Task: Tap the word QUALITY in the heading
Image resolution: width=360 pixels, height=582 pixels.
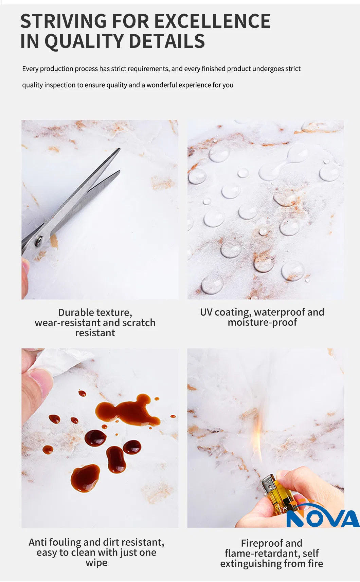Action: [x=84, y=41]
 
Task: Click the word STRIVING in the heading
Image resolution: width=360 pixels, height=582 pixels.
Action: [x=64, y=21]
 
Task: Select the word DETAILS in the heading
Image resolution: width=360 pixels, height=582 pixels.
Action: [x=167, y=41]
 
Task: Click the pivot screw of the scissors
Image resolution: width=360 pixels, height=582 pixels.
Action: [x=39, y=241]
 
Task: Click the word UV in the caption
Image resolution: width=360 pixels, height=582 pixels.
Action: [x=206, y=312]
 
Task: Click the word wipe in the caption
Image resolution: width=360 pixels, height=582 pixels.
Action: [x=96, y=563]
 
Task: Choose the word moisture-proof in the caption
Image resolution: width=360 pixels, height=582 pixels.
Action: [x=262, y=322]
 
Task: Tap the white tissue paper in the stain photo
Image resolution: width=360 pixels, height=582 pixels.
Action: [x=63, y=360]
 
